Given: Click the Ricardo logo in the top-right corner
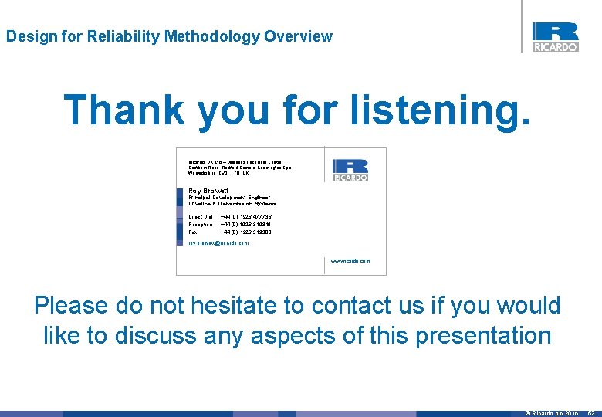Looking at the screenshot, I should [555, 36].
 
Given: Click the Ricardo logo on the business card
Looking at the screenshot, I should [350, 170].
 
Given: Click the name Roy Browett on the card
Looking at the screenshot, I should [208, 190].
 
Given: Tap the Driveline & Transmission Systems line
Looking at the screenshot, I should [232, 205].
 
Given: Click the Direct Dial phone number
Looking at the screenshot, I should [245, 217].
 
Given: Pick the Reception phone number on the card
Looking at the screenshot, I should [245, 225].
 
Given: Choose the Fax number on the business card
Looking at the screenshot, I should [245, 232].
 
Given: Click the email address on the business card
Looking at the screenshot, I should [219, 243].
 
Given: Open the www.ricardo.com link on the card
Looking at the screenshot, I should [350, 261].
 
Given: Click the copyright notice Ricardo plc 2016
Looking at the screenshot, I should [552, 413].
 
